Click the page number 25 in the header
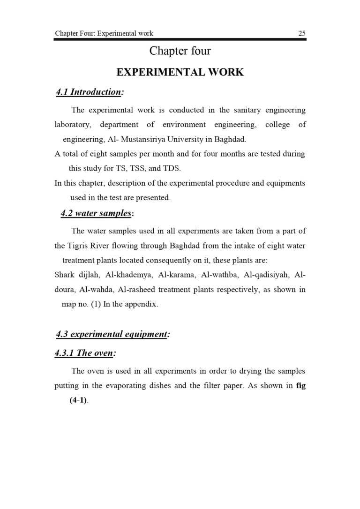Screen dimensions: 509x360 pyautogui.click(x=301, y=33)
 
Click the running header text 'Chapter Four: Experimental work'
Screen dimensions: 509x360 pyautogui.click(x=104, y=33)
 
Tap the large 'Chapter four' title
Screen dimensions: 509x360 pyautogui.click(x=180, y=51)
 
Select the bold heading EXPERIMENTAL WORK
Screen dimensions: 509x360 pyautogui.click(x=180, y=72)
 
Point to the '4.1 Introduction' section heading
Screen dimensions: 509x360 pyautogui.click(x=89, y=92)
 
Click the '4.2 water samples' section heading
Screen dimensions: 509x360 pyautogui.click(x=97, y=213)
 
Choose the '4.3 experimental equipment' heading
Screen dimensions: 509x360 pyautogui.click(x=112, y=334)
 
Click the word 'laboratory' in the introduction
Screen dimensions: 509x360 pyautogui.click(x=72, y=125)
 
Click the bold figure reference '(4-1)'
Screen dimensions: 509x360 pyautogui.click(x=78, y=401)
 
